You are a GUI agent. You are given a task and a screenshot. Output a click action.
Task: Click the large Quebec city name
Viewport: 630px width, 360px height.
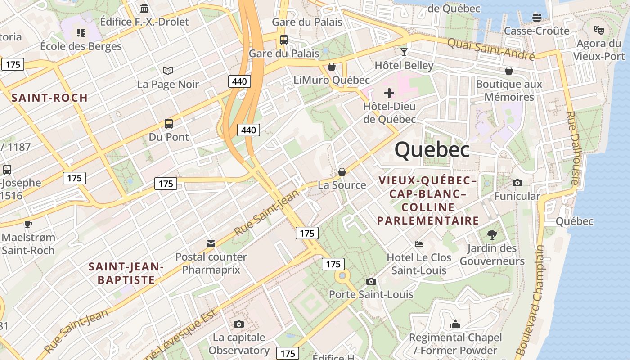[432, 150]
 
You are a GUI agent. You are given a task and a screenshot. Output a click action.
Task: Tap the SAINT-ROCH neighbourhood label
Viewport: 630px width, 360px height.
[49, 98]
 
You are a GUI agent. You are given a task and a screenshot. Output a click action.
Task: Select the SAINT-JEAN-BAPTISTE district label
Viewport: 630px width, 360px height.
[126, 273]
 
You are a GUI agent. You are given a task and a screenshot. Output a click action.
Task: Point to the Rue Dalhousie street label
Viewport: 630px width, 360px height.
[572, 148]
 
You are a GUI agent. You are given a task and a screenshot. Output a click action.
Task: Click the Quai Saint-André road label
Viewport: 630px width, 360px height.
[491, 49]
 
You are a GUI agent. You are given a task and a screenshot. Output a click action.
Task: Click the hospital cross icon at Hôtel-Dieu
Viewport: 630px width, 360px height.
[389, 93]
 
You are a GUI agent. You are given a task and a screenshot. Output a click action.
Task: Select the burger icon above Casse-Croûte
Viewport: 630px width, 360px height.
[536, 18]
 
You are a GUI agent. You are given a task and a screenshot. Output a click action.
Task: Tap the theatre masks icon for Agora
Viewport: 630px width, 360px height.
[598, 30]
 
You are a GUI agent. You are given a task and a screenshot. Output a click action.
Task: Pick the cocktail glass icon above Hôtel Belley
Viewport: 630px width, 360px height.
[404, 52]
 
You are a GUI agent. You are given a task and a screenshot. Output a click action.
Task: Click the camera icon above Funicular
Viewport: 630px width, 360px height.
[517, 183]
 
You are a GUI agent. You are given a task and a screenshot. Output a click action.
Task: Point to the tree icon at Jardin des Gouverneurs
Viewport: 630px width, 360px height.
[492, 234]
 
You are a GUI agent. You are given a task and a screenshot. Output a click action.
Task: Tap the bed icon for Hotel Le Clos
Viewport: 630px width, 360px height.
[419, 244]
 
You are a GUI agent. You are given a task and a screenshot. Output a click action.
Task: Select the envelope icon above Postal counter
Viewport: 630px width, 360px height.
[211, 244]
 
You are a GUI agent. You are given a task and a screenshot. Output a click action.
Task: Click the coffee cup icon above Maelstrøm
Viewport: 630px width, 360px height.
[28, 224]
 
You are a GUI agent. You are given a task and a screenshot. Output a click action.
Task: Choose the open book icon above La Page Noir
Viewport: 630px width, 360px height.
[168, 71]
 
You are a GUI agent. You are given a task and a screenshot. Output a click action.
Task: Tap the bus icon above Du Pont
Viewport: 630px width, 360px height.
[169, 123]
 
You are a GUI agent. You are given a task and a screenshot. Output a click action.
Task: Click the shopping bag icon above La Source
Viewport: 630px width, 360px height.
[342, 172]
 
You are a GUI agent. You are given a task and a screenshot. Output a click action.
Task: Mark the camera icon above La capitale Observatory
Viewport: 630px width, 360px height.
[239, 324]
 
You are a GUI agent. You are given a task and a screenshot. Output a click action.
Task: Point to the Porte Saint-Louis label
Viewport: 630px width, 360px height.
[371, 294]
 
